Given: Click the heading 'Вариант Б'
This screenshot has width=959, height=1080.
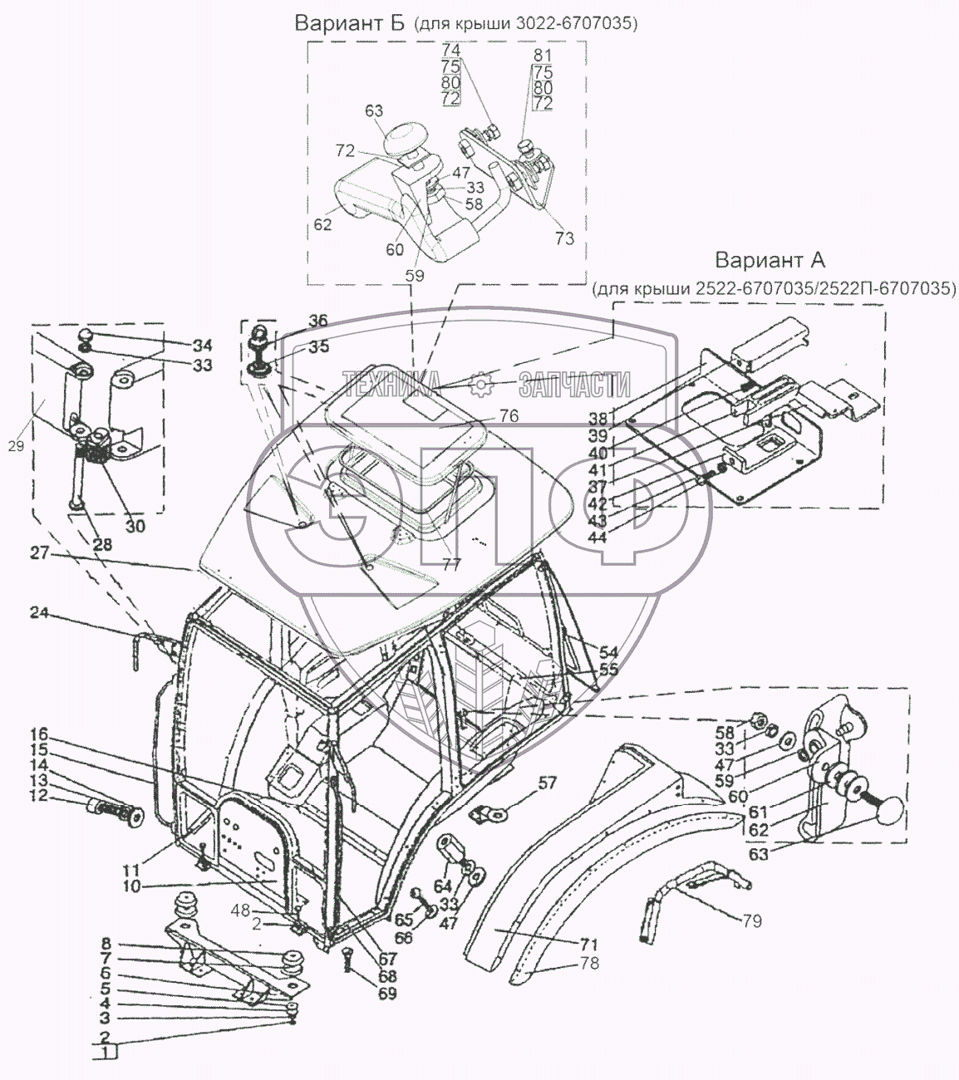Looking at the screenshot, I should click(x=349, y=23).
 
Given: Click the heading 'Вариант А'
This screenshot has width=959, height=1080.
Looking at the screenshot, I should click(x=770, y=260).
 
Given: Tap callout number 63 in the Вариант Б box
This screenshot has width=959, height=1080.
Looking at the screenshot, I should click(x=373, y=110).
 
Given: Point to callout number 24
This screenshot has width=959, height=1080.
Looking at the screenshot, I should click(x=40, y=613).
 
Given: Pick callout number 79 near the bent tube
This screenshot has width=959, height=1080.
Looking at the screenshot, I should click(x=752, y=920).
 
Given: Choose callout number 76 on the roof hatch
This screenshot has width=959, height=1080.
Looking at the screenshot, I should click(x=509, y=416).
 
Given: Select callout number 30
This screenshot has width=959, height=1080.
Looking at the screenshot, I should click(x=135, y=525).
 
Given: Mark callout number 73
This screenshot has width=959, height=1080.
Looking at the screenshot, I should click(x=564, y=238).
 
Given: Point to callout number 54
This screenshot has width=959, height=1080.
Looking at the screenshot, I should click(x=608, y=652).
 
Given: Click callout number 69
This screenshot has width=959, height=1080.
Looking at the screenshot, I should click(x=387, y=993).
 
